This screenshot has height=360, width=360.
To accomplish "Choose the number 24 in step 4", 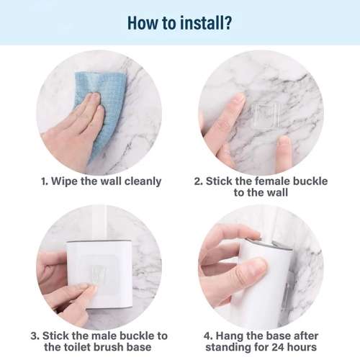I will (x=280, y=348).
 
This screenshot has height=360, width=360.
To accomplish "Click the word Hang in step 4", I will (x=221, y=336).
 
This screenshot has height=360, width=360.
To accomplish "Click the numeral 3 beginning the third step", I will (x=34, y=336).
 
